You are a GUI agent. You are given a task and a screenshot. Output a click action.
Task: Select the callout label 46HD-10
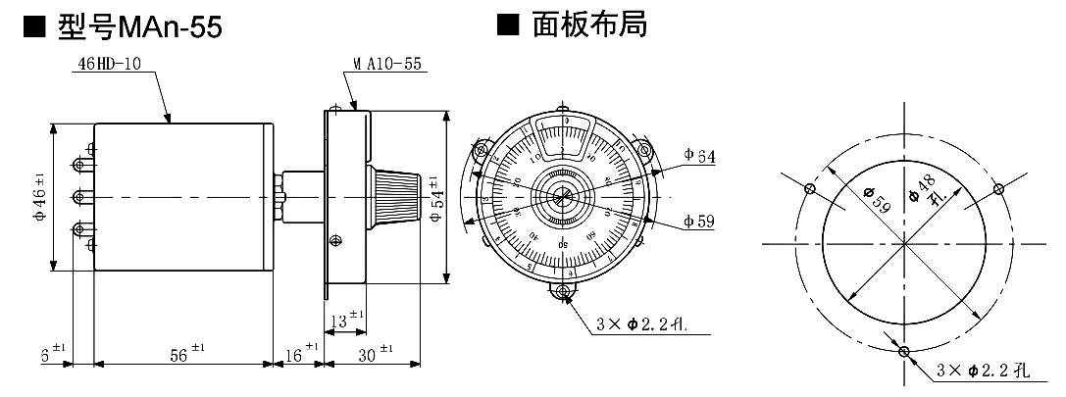tap(109, 65)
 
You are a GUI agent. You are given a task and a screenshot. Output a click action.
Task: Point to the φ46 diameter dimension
tap(38, 196)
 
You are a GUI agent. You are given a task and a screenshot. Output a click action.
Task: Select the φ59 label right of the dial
tap(699, 223)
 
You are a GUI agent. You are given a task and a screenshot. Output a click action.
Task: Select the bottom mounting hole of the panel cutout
tap(903, 352)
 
